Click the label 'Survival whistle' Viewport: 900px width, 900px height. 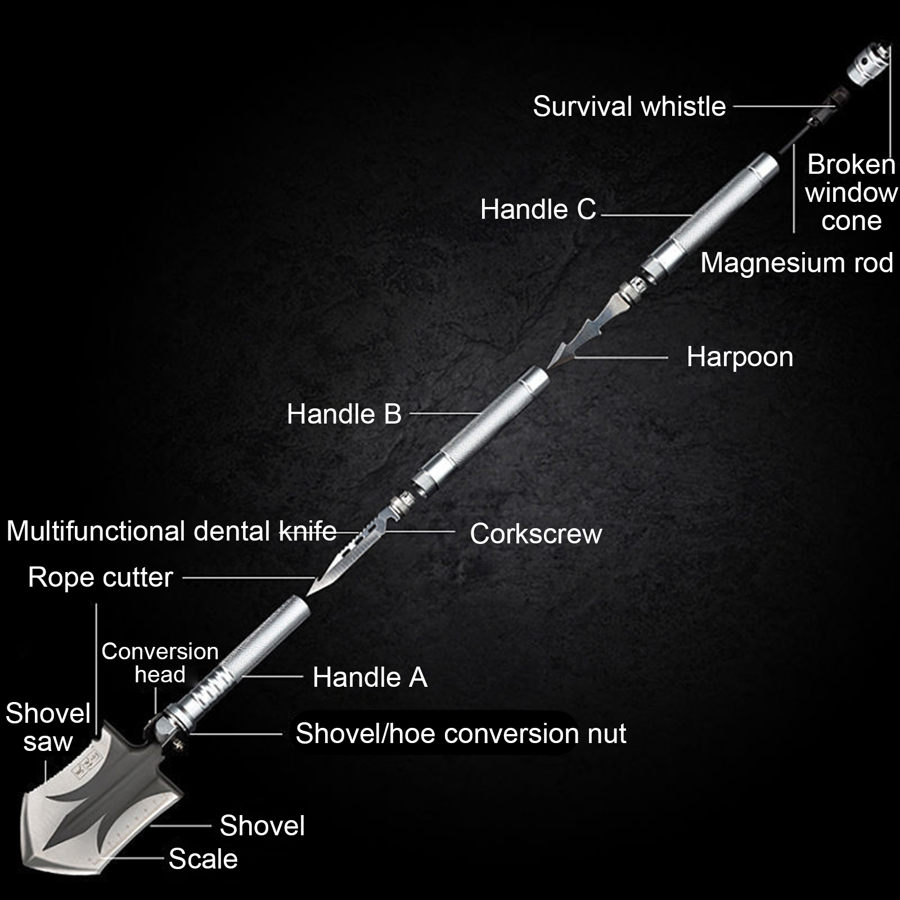(629, 106)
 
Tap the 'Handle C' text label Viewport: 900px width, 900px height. (538, 209)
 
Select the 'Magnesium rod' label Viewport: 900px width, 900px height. (796, 263)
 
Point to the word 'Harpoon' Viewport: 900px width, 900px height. (740, 357)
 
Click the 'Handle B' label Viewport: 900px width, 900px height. (344, 414)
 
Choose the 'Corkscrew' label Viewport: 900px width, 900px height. (535, 533)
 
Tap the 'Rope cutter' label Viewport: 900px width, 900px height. (100, 577)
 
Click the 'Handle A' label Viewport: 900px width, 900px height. (370, 677)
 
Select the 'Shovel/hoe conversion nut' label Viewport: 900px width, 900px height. (461, 733)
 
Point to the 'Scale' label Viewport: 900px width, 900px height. (203, 859)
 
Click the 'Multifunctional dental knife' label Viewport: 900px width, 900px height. (171, 531)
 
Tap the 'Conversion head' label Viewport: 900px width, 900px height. (160, 663)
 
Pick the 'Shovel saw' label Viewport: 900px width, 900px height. (48, 727)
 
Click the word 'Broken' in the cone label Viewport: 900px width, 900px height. (851, 165)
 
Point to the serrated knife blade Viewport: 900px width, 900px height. (343, 557)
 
